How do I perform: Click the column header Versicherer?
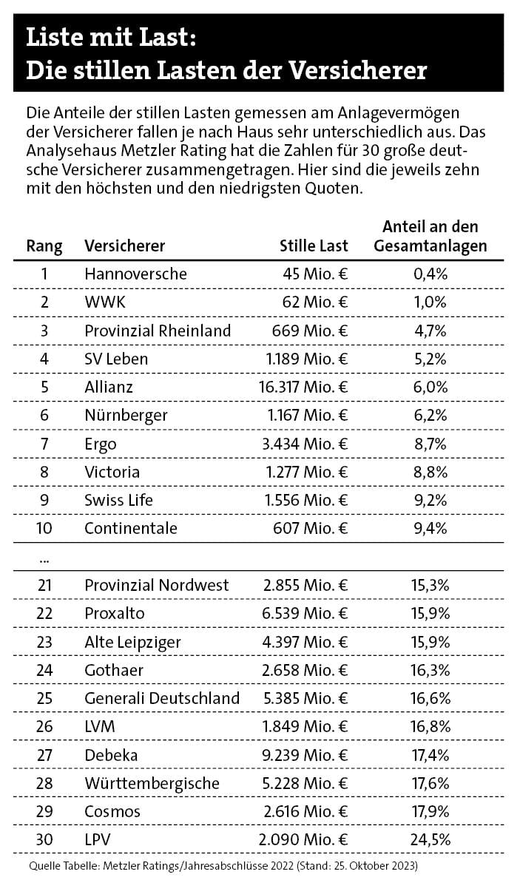coord(124,246)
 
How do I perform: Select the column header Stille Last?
coord(314,246)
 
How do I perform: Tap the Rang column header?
coord(44,246)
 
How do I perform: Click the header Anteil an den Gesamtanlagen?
coord(430,236)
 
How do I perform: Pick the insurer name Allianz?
coord(109,387)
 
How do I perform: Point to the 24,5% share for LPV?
coord(430,839)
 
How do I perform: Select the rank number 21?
coord(44,585)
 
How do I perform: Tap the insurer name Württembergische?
coord(151,783)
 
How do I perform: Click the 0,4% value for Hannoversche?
coord(430,274)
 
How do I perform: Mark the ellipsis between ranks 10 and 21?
coord(44,558)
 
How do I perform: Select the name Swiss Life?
coord(118,500)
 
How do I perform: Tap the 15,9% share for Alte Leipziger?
coord(430,642)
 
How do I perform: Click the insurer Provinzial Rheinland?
coord(158,331)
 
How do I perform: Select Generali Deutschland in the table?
coord(162,698)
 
